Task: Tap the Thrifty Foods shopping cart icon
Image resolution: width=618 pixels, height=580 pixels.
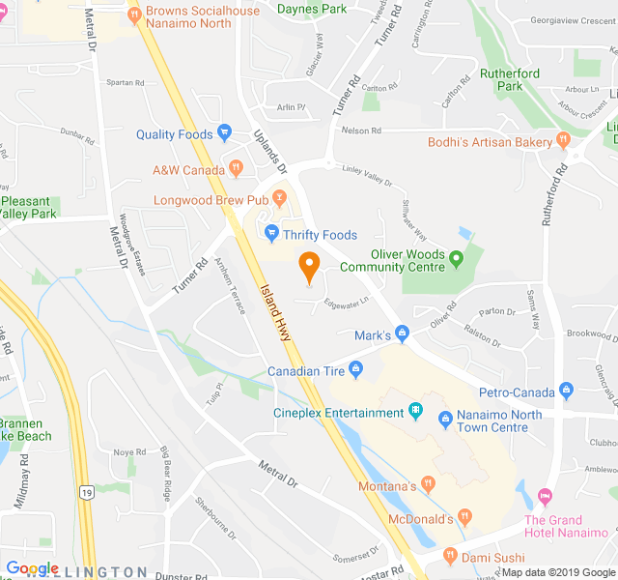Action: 272,234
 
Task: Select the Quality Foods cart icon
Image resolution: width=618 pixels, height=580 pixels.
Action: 225,133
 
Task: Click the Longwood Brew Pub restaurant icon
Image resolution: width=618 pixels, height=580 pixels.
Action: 280,199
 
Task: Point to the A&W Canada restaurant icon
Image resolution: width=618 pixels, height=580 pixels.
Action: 235,169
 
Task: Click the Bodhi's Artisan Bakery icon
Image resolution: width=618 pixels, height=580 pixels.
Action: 563,141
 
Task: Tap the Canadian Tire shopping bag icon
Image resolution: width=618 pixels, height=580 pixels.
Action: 356,369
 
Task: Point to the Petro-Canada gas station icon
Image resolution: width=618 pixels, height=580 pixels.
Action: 566,391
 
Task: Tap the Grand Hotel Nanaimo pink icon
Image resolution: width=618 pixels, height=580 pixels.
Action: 545,496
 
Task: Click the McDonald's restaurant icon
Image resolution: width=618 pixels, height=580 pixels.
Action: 465,518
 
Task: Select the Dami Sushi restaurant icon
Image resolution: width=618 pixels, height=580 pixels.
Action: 449,556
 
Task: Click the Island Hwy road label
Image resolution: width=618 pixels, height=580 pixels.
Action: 277,310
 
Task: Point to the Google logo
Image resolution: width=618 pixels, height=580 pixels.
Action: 33,568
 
